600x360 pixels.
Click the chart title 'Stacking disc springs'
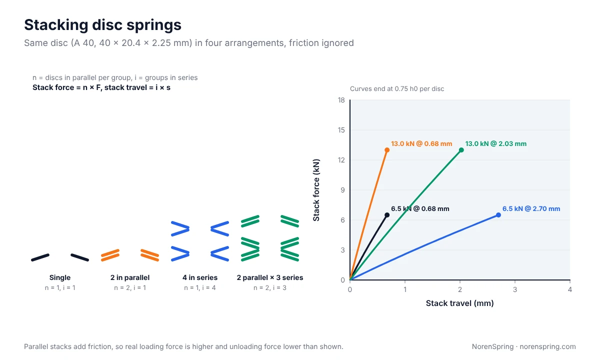tap(102, 25)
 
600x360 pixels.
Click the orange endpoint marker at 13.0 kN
tap(387, 150)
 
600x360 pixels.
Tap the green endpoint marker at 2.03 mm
tap(461, 150)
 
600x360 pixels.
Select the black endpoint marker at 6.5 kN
tap(387, 215)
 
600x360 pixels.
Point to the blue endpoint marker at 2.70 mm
tap(498, 215)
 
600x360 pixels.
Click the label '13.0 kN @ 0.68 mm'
tap(421, 144)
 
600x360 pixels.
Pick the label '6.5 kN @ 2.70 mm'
tap(531, 209)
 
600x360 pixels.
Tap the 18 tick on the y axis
tap(341, 100)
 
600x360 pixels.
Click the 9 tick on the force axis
tap(343, 190)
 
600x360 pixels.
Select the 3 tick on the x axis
tap(515, 289)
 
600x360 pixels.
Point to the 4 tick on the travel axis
tap(569, 289)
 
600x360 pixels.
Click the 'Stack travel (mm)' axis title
tap(459, 303)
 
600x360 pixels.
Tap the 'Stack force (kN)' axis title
tap(316, 190)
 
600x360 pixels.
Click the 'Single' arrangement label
tap(60, 277)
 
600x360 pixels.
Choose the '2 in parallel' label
tap(130, 277)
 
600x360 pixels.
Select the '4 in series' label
tap(200, 277)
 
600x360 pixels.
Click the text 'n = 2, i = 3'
tap(270, 288)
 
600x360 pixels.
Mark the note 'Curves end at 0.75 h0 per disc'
tap(397, 89)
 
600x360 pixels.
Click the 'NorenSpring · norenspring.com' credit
tap(523, 346)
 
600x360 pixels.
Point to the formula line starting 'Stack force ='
tap(101, 87)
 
